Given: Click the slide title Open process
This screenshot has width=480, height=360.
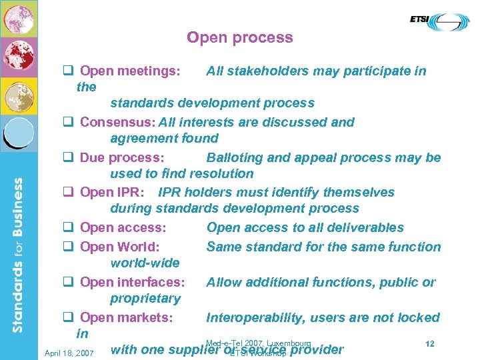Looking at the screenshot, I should [239, 37].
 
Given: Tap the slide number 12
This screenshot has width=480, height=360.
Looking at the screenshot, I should [430, 344].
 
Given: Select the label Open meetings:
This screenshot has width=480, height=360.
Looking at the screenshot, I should [130, 71].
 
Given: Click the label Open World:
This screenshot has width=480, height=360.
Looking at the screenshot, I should [119, 247].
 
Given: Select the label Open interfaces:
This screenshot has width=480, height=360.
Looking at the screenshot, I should [132, 283].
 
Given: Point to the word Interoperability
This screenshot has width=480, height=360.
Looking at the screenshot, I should [258, 318].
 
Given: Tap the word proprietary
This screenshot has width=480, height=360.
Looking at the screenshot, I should [145, 299].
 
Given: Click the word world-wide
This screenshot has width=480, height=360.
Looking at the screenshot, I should [145, 263].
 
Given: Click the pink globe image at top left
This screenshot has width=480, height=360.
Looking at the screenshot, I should [19, 19].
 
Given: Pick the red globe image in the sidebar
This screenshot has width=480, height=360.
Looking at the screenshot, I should [19, 57].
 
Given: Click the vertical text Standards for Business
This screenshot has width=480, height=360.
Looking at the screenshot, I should [19, 253].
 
